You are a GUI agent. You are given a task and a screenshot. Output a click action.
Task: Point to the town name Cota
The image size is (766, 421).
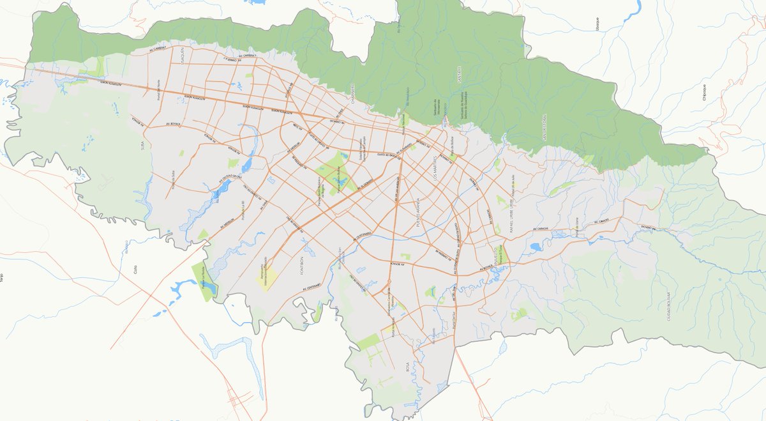point(135,270)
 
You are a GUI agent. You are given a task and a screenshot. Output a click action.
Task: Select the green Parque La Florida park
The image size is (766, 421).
point(204,280)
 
